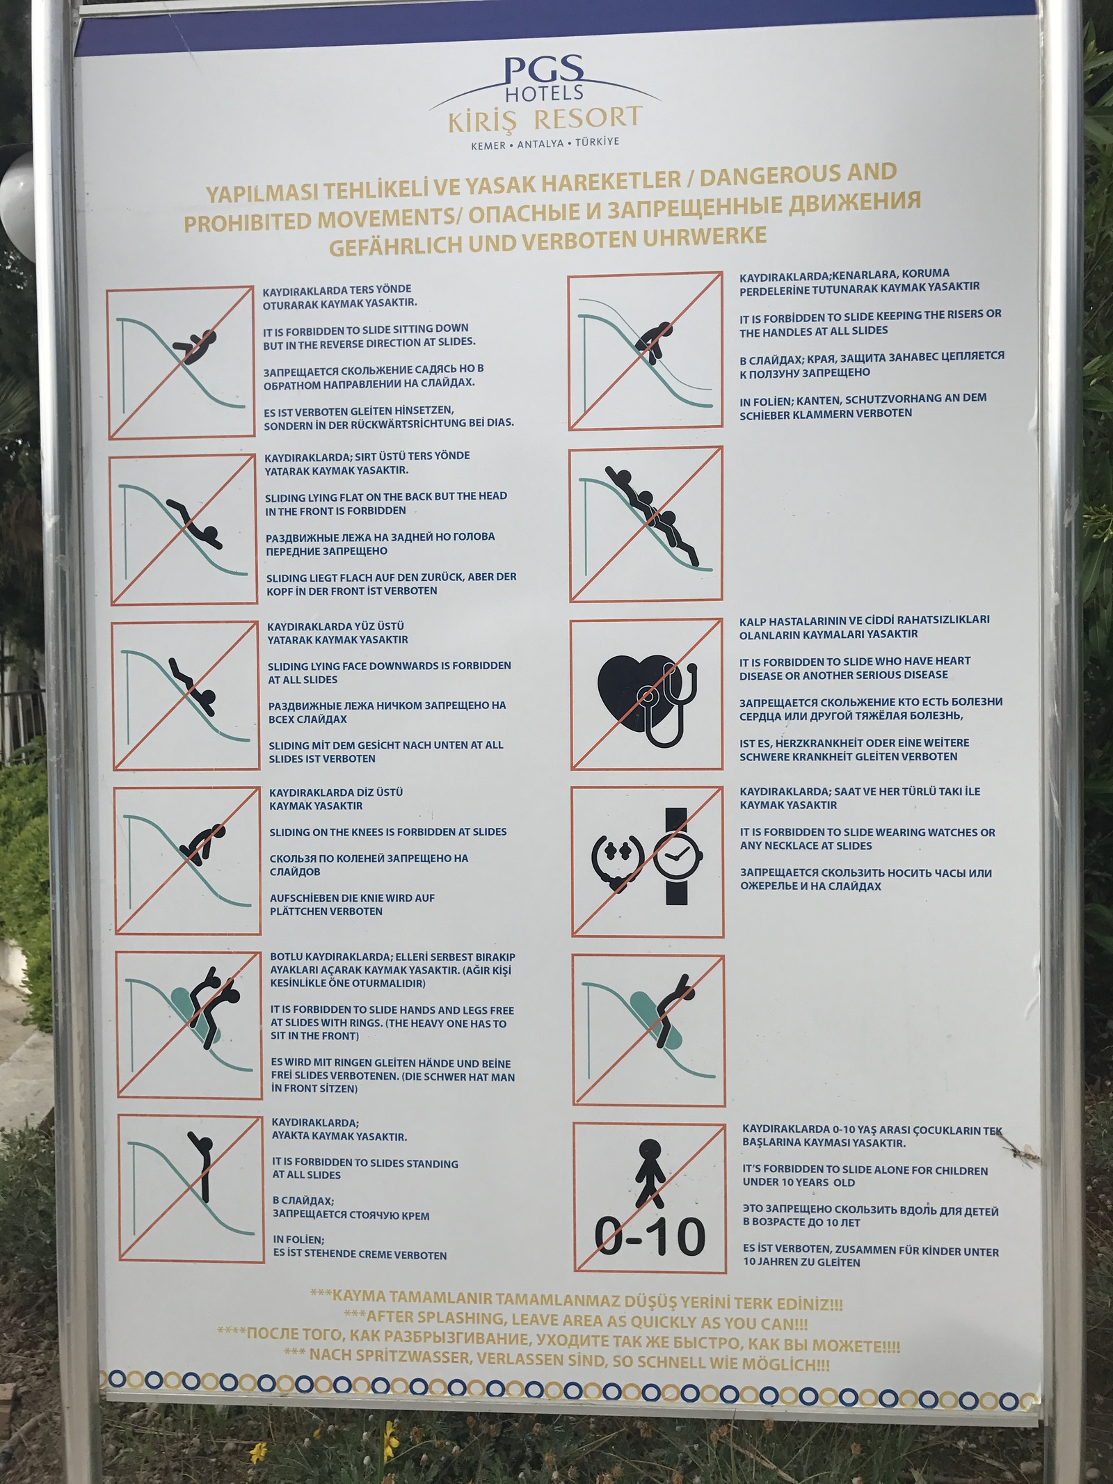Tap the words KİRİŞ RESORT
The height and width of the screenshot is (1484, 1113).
pos(545,119)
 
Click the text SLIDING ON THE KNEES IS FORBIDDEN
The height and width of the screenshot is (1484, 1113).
pos(388,832)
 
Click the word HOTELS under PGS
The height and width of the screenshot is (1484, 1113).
pos(544,93)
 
